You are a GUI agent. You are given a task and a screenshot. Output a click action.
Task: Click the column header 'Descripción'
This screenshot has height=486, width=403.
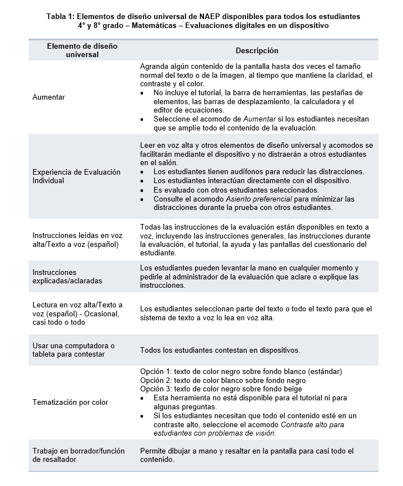(257, 51)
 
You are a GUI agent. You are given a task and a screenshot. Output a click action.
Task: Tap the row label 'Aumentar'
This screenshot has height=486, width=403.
(49, 97)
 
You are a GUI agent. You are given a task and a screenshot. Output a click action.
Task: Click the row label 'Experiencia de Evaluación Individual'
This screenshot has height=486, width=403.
(76, 176)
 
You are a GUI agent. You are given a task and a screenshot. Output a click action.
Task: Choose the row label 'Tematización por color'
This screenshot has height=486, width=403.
(70, 403)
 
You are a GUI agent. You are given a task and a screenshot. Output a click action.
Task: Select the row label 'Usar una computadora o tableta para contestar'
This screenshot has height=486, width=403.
(73, 349)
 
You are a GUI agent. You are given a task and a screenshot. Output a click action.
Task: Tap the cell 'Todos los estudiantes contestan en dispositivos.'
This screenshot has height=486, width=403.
(220, 351)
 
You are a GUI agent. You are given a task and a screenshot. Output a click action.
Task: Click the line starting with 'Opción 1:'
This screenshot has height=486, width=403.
(240, 372)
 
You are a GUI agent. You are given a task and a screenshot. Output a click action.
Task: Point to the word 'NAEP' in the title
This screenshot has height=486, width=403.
(211, 17)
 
